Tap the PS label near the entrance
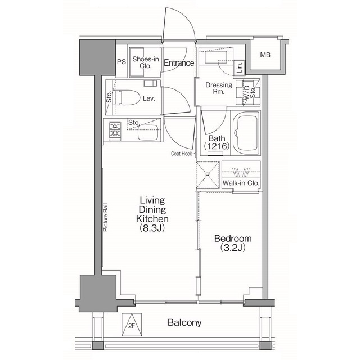[121, 62]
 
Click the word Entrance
[179, 63]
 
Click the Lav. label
[149, 98]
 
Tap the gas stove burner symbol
[114, 129]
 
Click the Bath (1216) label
[217, 142]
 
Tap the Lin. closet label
[240, 69]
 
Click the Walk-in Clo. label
[241, 183]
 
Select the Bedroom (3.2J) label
[232, 242]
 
